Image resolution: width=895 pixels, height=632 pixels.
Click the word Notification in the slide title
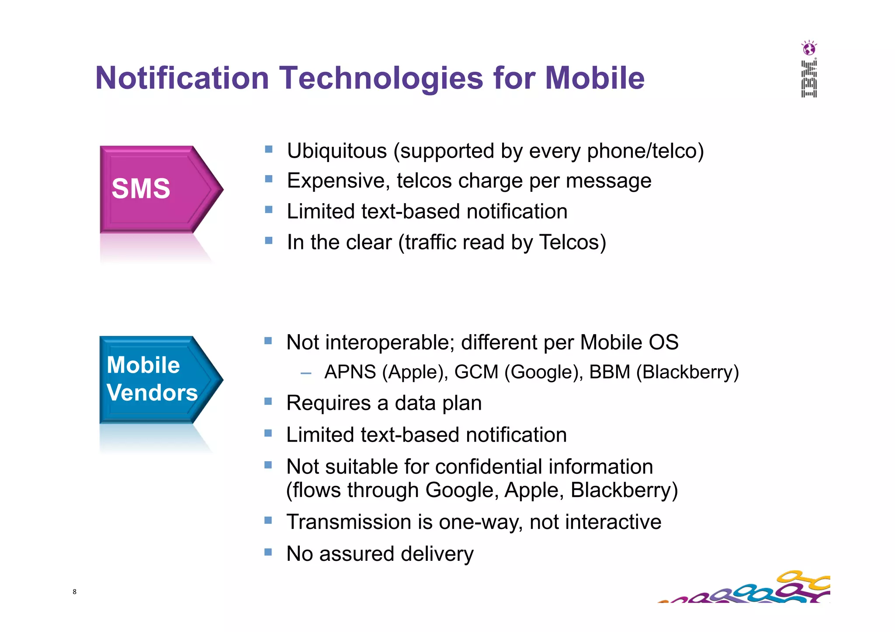point(182,78)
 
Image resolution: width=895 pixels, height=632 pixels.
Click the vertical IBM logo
point(809,79)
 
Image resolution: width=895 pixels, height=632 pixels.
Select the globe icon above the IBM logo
point(809,48)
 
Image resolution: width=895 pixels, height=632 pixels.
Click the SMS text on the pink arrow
point(141,189)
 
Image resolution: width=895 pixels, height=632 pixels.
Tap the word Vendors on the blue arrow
point(152,392)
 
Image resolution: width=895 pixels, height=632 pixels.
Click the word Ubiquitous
point(336,151)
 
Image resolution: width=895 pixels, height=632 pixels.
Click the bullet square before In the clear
point(269,240)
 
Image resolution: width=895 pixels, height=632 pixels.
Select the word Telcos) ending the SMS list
point(572,242)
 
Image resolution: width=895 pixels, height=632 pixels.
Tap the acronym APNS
point(350,372)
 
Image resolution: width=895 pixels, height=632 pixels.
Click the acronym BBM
point(609,372)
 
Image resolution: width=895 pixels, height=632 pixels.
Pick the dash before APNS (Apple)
point(306,373)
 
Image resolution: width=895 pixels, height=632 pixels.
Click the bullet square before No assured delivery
point(268,552)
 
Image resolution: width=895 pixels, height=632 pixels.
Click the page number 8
point(75,592)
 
